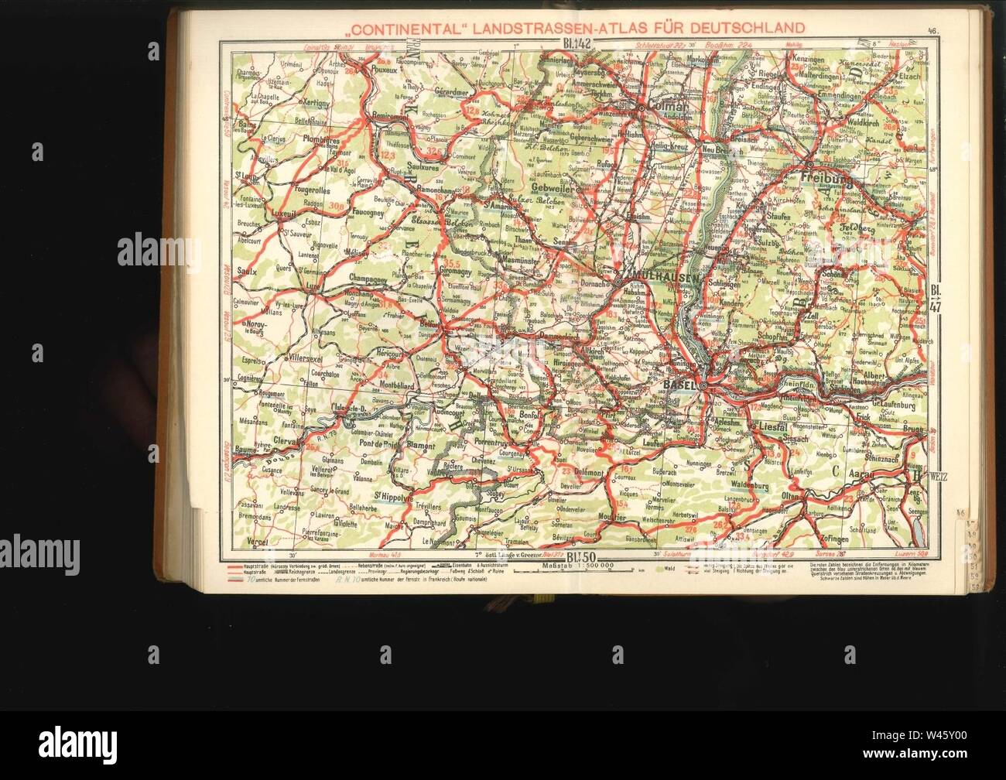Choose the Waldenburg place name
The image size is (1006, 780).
(754, 487)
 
